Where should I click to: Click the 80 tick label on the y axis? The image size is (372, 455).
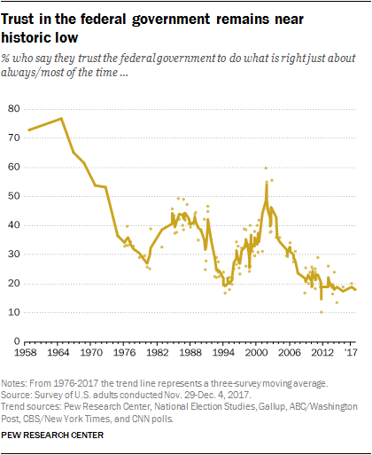pos(14,108)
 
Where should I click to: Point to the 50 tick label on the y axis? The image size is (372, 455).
pos(14,196)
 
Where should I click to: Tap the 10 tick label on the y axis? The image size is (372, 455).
pos(14,312)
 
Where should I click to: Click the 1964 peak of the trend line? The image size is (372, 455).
pos(61,118)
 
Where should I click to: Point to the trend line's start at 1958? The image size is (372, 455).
pos(28,130)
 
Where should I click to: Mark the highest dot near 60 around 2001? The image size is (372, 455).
pos(266,168)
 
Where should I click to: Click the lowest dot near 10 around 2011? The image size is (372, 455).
pos(321,311)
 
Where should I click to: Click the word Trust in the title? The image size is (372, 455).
pos(30,15)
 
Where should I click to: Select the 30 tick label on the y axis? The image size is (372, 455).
pos(14,255)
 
